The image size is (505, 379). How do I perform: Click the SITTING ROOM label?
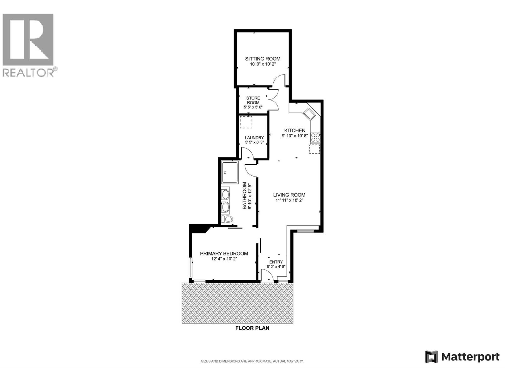coord(263,59)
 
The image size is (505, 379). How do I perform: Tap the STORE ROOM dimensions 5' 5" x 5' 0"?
coord(253,107)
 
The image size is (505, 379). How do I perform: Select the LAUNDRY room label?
coord(254,138)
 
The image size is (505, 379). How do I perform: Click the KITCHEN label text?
coord(294,130)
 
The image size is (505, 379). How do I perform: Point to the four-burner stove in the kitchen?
coord(315,137)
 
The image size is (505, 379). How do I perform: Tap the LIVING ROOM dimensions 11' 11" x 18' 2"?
coord(289,200)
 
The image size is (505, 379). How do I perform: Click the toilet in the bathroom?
coord(227,219)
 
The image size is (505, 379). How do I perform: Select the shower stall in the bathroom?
coord(230,172)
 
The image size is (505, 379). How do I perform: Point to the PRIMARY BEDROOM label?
coord(224,253)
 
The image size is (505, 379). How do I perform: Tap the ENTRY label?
coord(276,262)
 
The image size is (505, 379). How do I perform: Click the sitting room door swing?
coord(279,80)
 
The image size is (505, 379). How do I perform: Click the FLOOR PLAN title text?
coord(252,328)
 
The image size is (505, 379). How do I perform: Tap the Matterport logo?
coord(462,357)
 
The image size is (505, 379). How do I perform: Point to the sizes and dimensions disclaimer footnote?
coord(252,361)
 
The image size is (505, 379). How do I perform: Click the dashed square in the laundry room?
coord(246,122)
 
